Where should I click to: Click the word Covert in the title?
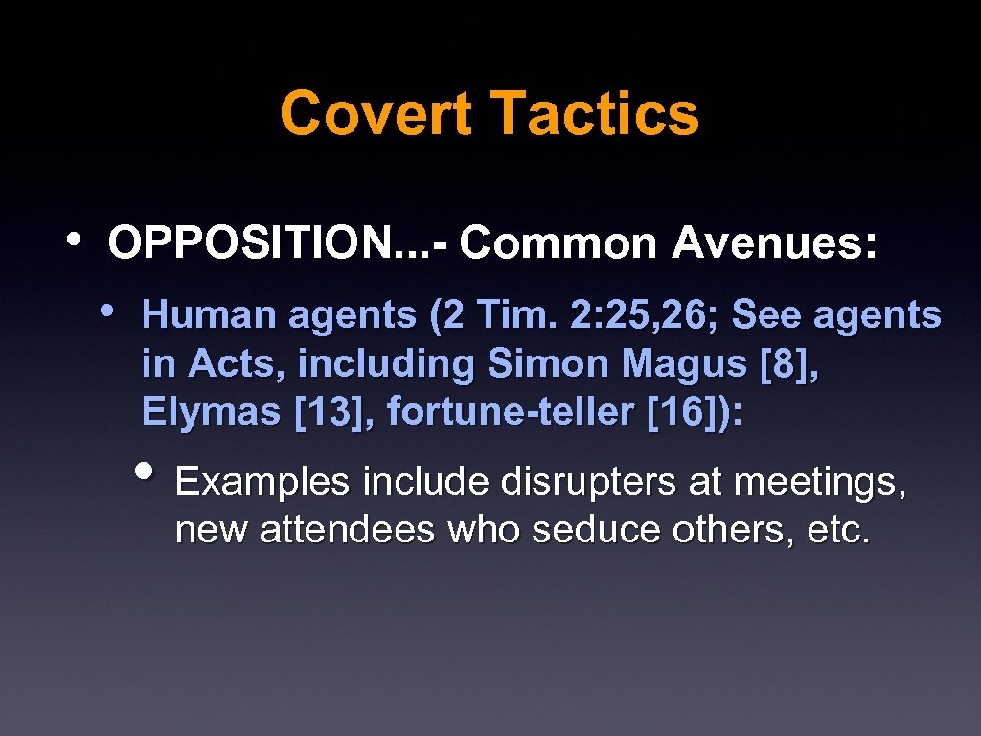tap(376, 113)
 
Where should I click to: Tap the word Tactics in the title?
tap(595, 113)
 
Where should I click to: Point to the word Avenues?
tap(772, 243)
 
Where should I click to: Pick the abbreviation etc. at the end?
tap(838, 530)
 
